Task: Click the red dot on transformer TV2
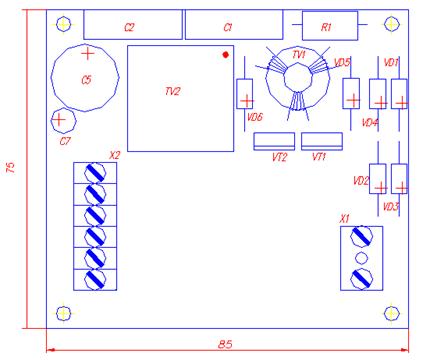pyautogui.click(x=226, y=55)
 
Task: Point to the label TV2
pyautogui.click(x=173, y=91)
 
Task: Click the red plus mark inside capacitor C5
pyautogui.click(x=88, y=53)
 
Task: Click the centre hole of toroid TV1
pyautogui.click(x=298, y=78)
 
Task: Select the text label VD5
pyautogui.click(x=342, y=62)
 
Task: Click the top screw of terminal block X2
pyautogui.click(x=95, y=173)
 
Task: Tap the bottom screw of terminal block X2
pyautogui.click(x=95, y=279)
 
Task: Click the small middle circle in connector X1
pyautogui.click(x=361, y=258)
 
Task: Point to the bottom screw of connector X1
pyautogui.click(x=361, y=279)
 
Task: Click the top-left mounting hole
pyautogui.click(x=63, y=24)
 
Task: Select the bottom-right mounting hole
pyautogui.click(x=392, y=313)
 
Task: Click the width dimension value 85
pyautogui.click(x=225, y=344)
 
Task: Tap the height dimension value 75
pyautogui.click(x=11, y=167)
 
